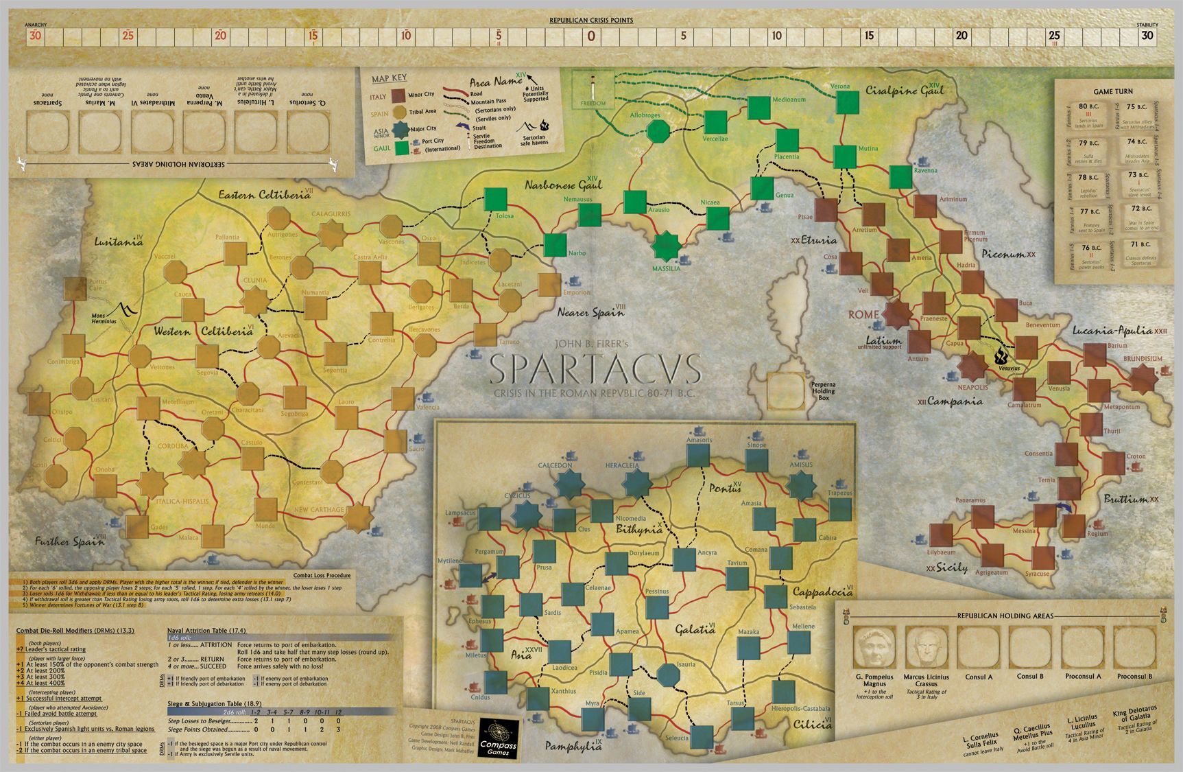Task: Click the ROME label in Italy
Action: tap(863, 314)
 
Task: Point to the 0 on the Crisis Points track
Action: tap(591, 36)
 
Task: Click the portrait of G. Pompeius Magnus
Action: tap(874, 646)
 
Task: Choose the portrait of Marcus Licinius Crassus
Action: tap(926, 646)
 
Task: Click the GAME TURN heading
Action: tap(1113, 91)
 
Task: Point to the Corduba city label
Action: tap(173, 446)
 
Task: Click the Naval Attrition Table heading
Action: tap(206, 631)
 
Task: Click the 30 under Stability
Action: tap(1147, 36)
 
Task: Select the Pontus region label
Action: tap(725, 489)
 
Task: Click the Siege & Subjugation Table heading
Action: tap(215, 704)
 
